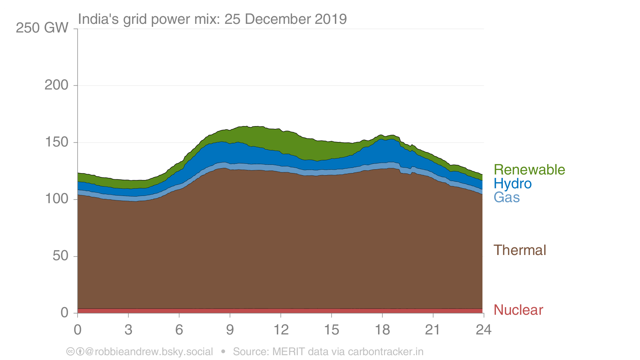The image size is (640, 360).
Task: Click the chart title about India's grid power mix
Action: coord(212,19)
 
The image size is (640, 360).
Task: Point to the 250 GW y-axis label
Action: coord(42,28)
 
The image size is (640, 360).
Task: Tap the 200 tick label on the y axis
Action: coord(56,85)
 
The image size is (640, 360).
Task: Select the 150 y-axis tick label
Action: coord(56,142)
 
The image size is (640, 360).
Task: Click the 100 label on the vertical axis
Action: coord(56,199)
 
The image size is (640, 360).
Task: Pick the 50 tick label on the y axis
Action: coord(60,256)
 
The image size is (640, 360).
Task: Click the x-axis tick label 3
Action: coord(128,330)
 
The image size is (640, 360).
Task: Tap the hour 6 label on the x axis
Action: coord(179,330)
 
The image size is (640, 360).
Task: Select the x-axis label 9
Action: coord(230,330)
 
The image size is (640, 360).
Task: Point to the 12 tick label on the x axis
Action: coord(281,330)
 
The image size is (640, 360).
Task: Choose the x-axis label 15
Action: coord(331,330)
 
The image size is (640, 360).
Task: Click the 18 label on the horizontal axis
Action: coord(382,330)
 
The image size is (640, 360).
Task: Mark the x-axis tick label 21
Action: coord(433,330)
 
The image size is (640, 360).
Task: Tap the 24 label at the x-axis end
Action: coord(483,330)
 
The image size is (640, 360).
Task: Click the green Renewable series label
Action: coord(529,170)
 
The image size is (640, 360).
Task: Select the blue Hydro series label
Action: coord(512,184)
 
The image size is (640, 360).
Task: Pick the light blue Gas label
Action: coord(507,198)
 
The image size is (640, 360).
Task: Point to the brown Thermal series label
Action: coord(520,250)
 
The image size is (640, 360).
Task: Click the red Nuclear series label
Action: coord(518,310)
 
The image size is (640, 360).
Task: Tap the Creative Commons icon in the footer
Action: coord(70,352)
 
